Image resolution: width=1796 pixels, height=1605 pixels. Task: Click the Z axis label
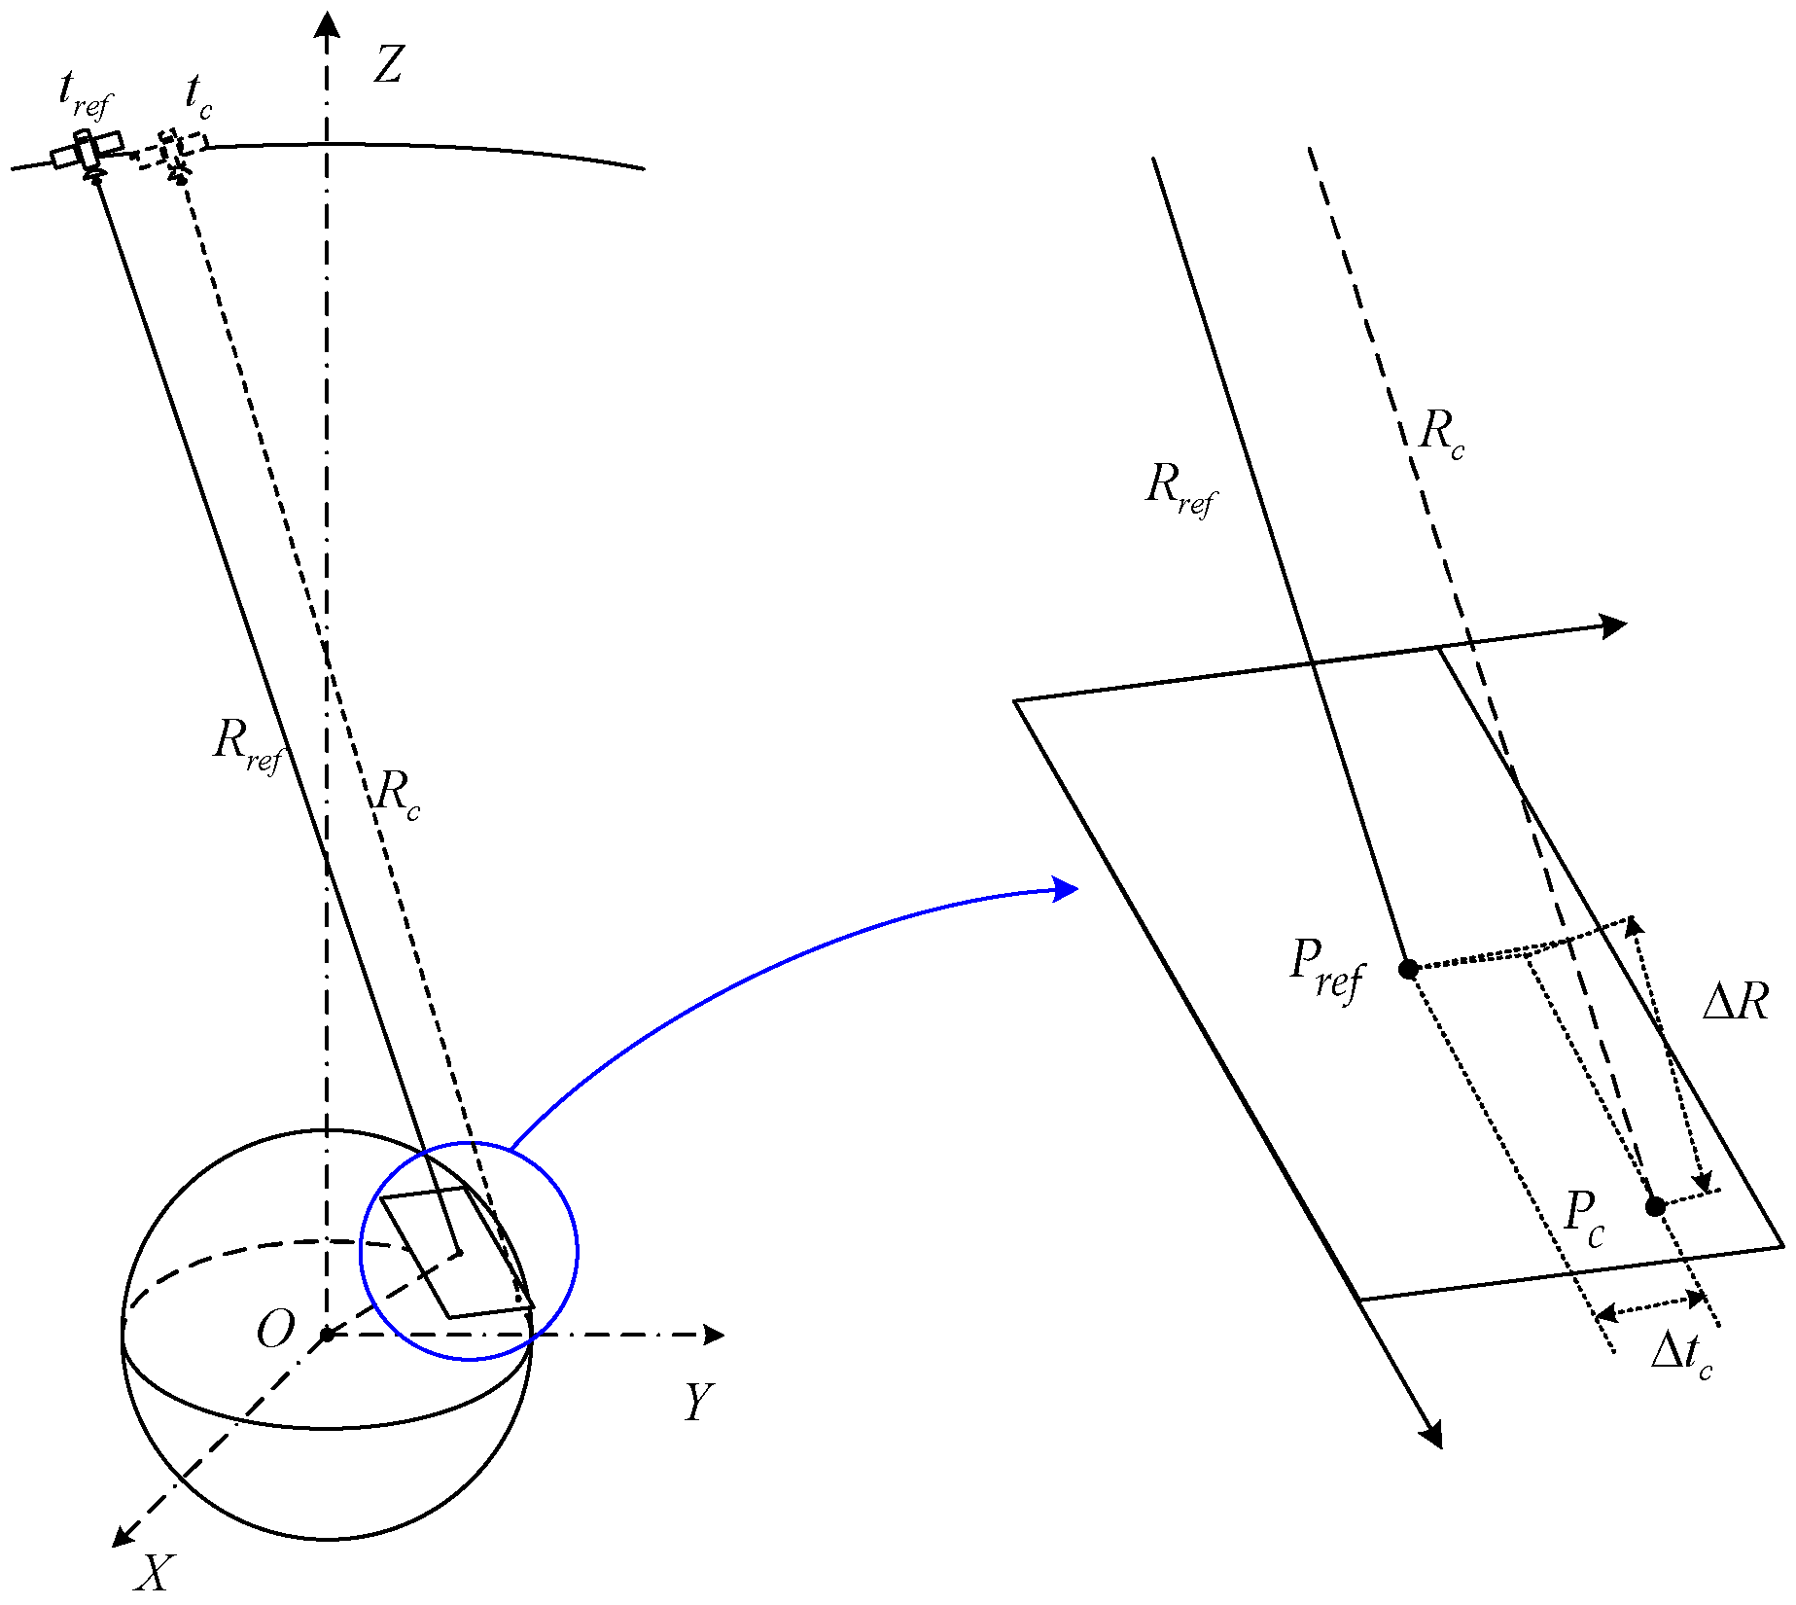[388, 66]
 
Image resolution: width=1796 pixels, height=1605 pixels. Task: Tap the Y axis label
[698, 1403]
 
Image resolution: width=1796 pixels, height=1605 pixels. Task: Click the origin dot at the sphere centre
[328, 1335]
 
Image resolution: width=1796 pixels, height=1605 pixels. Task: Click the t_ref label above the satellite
[84, 94]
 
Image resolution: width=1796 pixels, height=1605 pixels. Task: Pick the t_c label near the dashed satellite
[198, 97]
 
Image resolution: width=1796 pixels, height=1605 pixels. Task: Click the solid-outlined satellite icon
[88, 152]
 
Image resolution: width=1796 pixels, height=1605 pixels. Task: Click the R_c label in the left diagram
[398, 794]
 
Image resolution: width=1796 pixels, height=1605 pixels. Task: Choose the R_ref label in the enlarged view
[1180, 488]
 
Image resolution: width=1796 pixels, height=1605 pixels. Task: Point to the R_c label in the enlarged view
[1440, 433]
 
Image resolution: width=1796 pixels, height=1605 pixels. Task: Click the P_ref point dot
[1408, 969]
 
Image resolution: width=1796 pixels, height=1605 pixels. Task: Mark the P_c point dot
[1655, 1207]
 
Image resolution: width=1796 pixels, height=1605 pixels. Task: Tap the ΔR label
[1735, 1002]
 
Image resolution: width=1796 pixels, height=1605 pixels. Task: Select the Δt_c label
[1680, 1354]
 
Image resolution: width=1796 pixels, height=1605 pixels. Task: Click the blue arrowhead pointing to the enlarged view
[1068, 889]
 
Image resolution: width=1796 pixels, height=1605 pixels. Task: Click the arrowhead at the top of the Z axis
[328, 23]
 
